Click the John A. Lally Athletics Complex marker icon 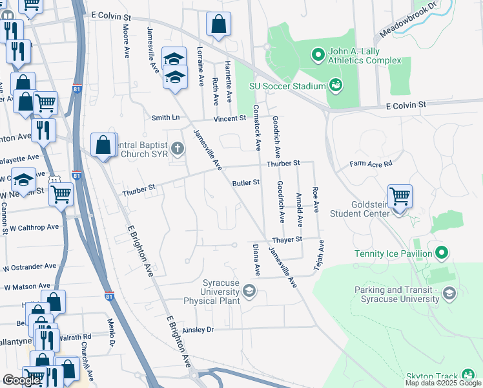[318, 56]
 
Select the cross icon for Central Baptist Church [178, 150]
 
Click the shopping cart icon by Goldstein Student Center [400, 195]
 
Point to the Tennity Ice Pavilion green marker [442, 252]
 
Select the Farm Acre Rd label [371, 164]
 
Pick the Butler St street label [246, 183]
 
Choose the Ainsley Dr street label [198, 329]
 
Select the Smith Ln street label [165, 118]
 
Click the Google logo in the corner [21, 380]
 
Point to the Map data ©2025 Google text [443, 383]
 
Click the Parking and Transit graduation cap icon [449, 294]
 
